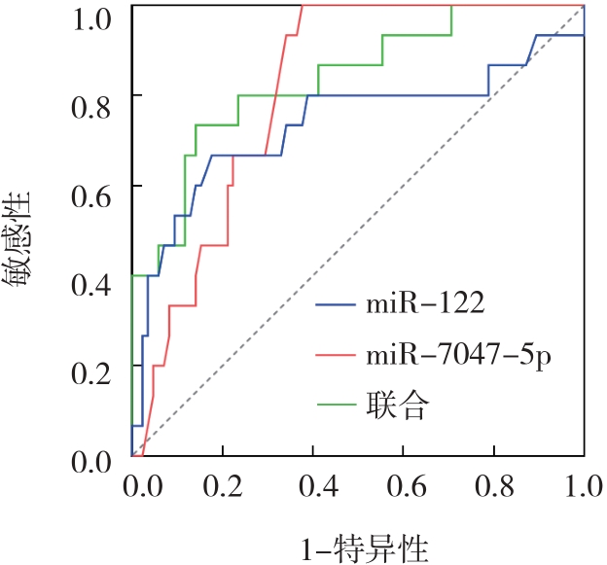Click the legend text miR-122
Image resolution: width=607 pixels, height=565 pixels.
(425, 306)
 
